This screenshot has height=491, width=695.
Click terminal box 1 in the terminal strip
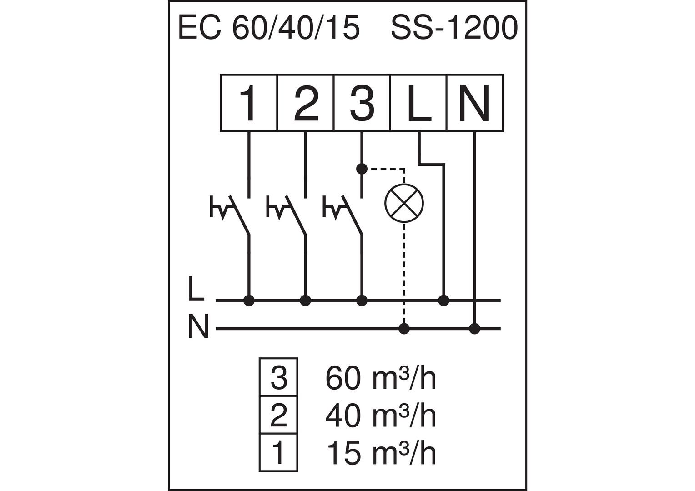point(248,103)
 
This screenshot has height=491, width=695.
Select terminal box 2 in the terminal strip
point(305,103)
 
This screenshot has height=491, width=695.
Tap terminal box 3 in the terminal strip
point(362,103)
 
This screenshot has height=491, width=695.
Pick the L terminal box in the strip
point(418,103)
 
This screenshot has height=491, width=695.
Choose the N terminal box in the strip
point(475,103)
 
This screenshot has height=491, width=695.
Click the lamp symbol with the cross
point(404,203)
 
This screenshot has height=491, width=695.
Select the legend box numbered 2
point(279,415)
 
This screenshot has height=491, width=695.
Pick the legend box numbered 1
point(279,453)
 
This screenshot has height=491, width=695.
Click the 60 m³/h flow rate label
point(381,378)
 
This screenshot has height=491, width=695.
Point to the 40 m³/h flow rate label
point(381,416)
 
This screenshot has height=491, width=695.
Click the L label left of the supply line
point(196,289)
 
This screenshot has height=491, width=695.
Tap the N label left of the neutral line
point(198,326)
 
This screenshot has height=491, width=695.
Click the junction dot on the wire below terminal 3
point(362,169)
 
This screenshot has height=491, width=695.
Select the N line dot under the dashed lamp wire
point(404,329)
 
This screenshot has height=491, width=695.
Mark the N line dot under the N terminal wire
point(475,329)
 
